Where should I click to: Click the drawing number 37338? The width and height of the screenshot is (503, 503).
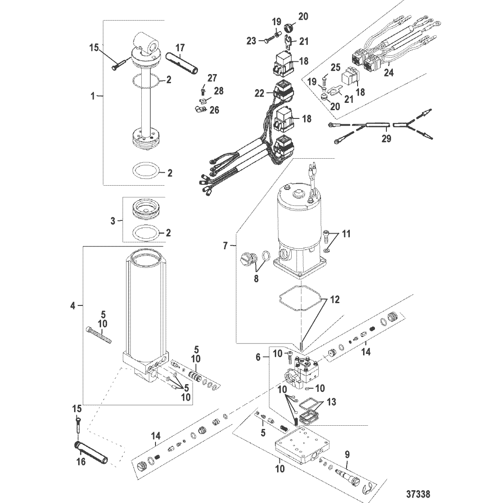pos(418,494)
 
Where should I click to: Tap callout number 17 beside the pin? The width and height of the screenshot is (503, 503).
pos(180,48)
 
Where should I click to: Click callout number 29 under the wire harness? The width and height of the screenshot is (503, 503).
pos(386,139)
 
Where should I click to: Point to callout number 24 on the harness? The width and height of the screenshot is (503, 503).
pos(389,73)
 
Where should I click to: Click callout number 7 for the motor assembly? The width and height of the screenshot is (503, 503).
pos(225,246)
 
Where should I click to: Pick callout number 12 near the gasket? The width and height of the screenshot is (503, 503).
pos(335,300)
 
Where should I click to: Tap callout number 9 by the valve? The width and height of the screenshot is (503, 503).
pos(347,455)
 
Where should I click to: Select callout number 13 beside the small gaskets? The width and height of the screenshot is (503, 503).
pos(331,401)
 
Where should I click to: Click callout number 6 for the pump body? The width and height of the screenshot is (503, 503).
pos(258,358)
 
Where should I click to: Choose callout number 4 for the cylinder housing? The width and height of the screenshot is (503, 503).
pos(73,306)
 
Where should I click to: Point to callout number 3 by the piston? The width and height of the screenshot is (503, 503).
pos(113,221)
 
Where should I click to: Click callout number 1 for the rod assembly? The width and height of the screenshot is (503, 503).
pos(93,96)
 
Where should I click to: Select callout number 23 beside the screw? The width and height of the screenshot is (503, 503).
pos(251,41)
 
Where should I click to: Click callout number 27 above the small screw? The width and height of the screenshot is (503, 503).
pos(212,78)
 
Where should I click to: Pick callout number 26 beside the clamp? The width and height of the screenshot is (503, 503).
pos(214,110)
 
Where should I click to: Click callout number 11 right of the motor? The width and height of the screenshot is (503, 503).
pos(346,234)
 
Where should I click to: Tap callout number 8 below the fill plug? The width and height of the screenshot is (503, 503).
pos(256,278)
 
